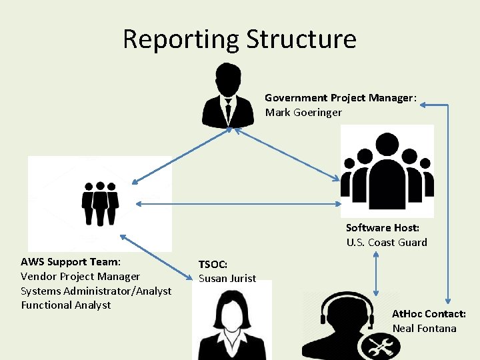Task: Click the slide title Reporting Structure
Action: [x=239, y=39]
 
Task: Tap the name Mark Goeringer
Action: [x=303, y=112]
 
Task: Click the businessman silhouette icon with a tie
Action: [x=228, y=95]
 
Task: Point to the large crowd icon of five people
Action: [x=387, y=171]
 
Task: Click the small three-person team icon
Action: [x=100, y=203]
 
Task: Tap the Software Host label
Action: [x=382, y=227]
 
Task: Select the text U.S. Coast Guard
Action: [x=387, y=242]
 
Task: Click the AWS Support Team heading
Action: [x=70, y=261]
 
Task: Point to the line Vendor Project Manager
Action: [x=80, y=276]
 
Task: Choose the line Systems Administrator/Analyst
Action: [x=96, y=291]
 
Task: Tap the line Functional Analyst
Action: [x=65, y=305]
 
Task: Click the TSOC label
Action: [x=213, y=264]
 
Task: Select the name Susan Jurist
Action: [x=227, y=278]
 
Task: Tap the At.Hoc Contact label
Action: [x=429, y=313]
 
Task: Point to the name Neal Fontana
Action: [x=424, y=328]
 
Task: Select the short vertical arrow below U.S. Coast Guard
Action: [x=377, y=273]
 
